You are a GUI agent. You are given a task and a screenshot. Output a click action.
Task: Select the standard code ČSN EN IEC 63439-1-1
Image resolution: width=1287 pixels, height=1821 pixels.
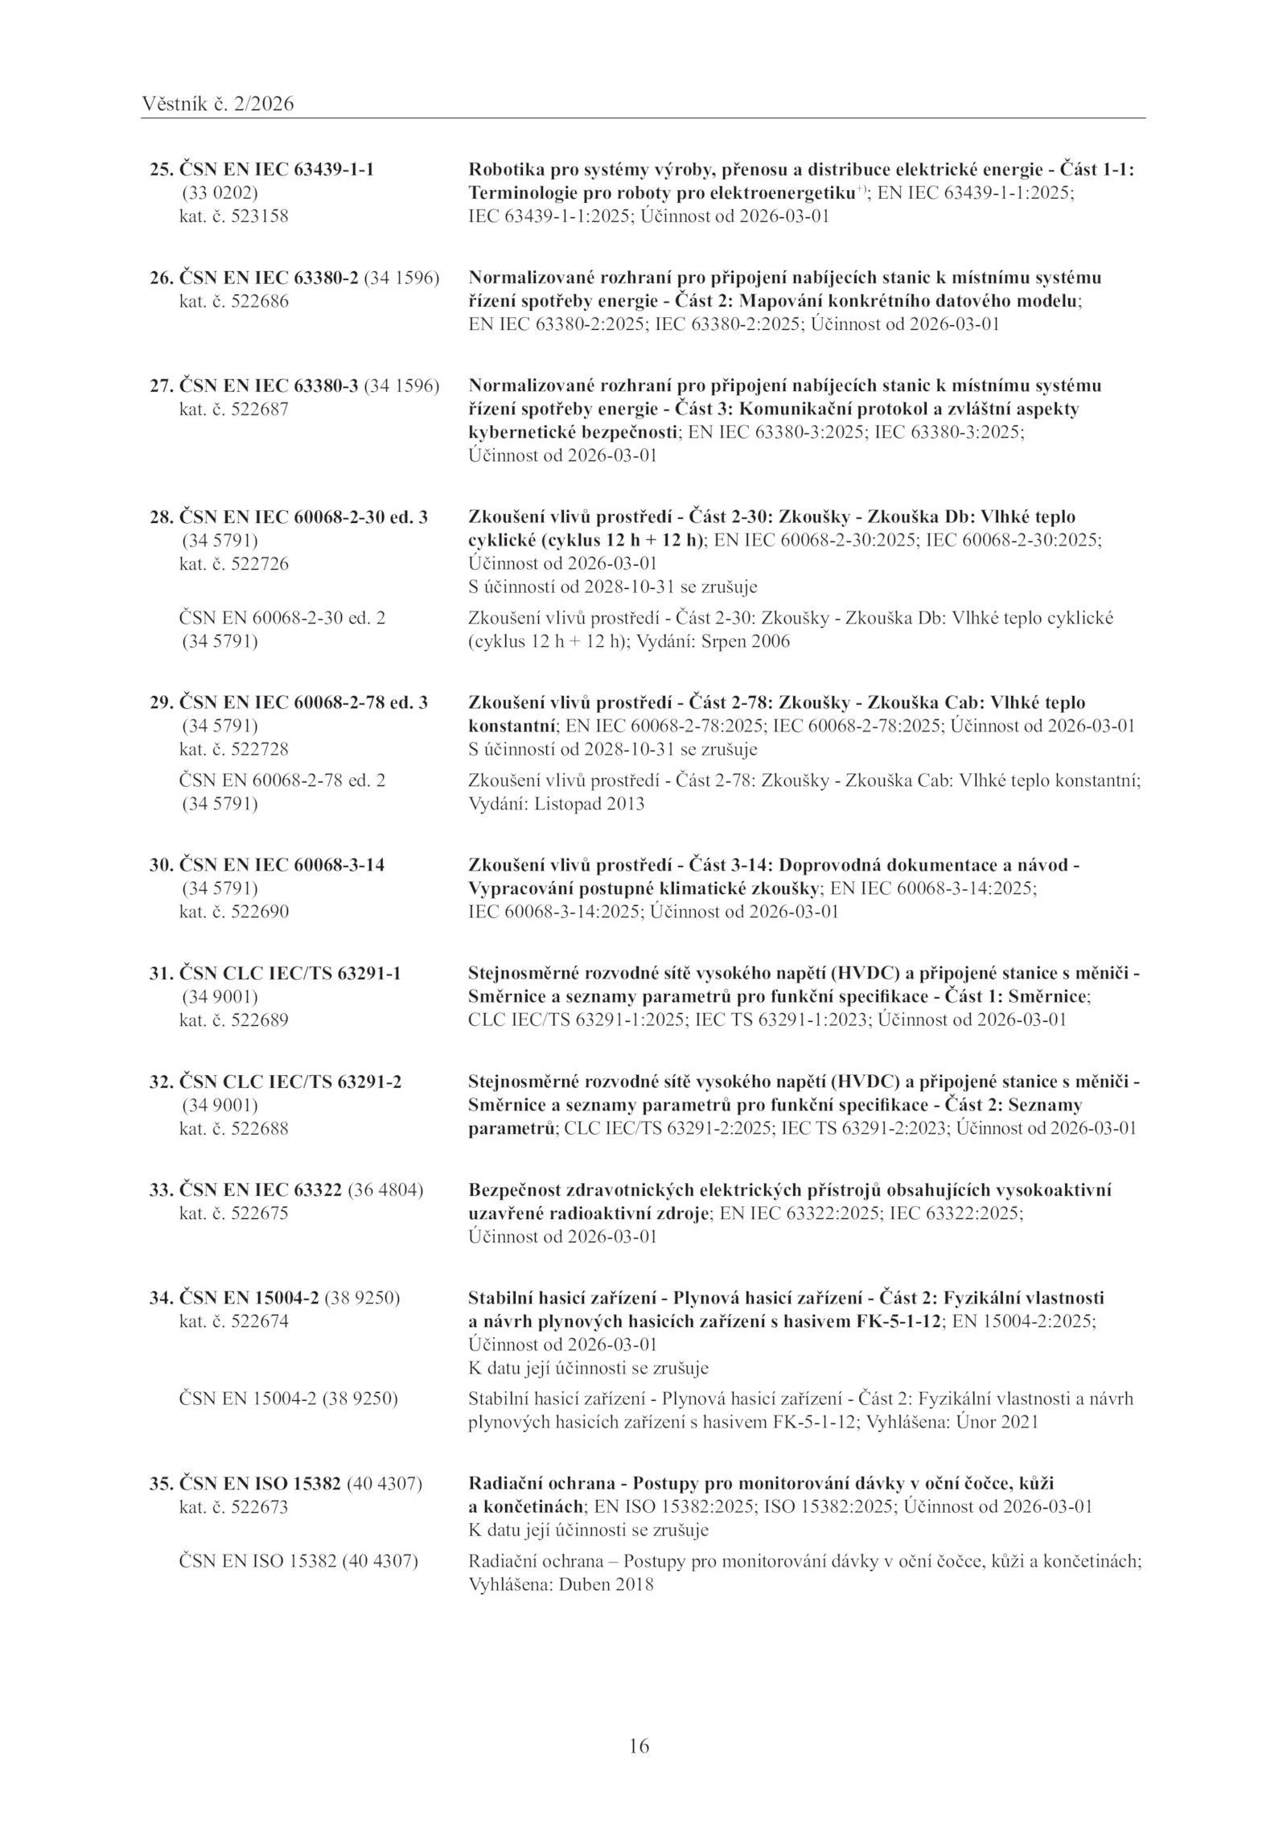(x=276, y=170)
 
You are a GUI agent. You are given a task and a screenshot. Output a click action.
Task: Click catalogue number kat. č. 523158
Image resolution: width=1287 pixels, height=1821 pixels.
(x=233, y=216)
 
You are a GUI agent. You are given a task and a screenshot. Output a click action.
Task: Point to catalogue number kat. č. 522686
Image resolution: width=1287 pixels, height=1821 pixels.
(x=233, y=302)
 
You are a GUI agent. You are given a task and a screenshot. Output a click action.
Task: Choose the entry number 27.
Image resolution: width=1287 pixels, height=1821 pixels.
(x=161, y=385)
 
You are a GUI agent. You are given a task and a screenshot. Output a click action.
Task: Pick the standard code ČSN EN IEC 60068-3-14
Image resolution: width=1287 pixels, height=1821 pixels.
(x=281, y=865)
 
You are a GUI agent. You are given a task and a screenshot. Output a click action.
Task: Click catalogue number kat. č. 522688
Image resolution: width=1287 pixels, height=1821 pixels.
(x=233, y=1128)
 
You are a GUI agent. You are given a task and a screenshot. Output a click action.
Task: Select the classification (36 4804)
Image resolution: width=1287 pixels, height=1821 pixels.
(x=385, y=1189)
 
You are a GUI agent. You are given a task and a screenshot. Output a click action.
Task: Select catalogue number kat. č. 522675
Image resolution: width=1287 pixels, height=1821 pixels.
(x=233, y=1213)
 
